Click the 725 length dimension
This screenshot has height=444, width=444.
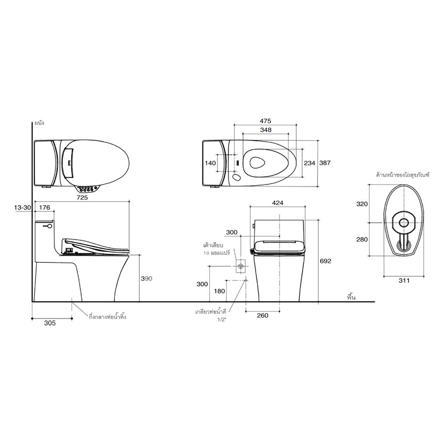click(x=82, y=198)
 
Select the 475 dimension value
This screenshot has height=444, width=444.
click(x=266, y=121)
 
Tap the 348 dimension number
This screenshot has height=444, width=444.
click(x=266, y=130)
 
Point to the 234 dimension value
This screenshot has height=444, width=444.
click(x=309, y=163)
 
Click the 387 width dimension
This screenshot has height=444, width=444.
click(x=325, y=163)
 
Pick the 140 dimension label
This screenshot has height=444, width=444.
click(x=210, y=163)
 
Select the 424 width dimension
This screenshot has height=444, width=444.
click(x=277, y=203)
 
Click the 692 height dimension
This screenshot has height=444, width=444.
click(x=325, y=261)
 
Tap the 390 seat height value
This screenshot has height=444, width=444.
click(x=147, y=279)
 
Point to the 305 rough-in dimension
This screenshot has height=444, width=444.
click(x=50, y=323)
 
